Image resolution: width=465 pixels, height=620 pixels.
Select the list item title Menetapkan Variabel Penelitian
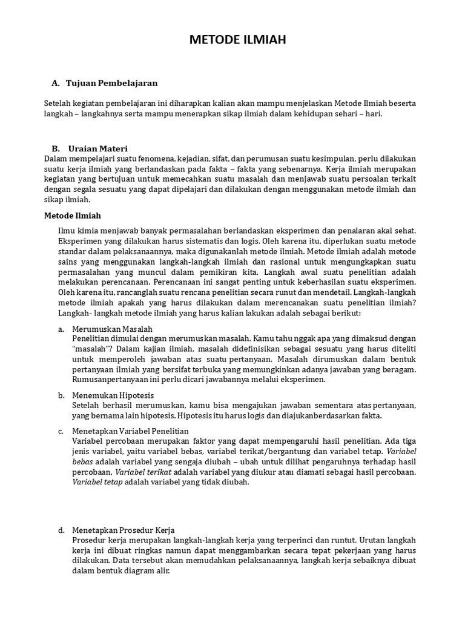tap(130, 431)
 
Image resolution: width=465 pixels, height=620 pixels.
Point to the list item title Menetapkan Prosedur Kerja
tap(123, 530)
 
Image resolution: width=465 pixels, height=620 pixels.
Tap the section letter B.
tap(55, 148)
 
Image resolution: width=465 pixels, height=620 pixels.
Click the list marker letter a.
tap(61, 329)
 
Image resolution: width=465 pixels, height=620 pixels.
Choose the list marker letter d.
tap(61, 530)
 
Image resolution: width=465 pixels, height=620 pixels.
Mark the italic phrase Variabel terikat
tap(144, 472)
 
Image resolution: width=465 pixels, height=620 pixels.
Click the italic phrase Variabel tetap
tap(98, 482)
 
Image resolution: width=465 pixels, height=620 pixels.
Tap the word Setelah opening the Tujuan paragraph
tap(59, 104)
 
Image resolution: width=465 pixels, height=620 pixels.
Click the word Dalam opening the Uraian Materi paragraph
tap(57, 159)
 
